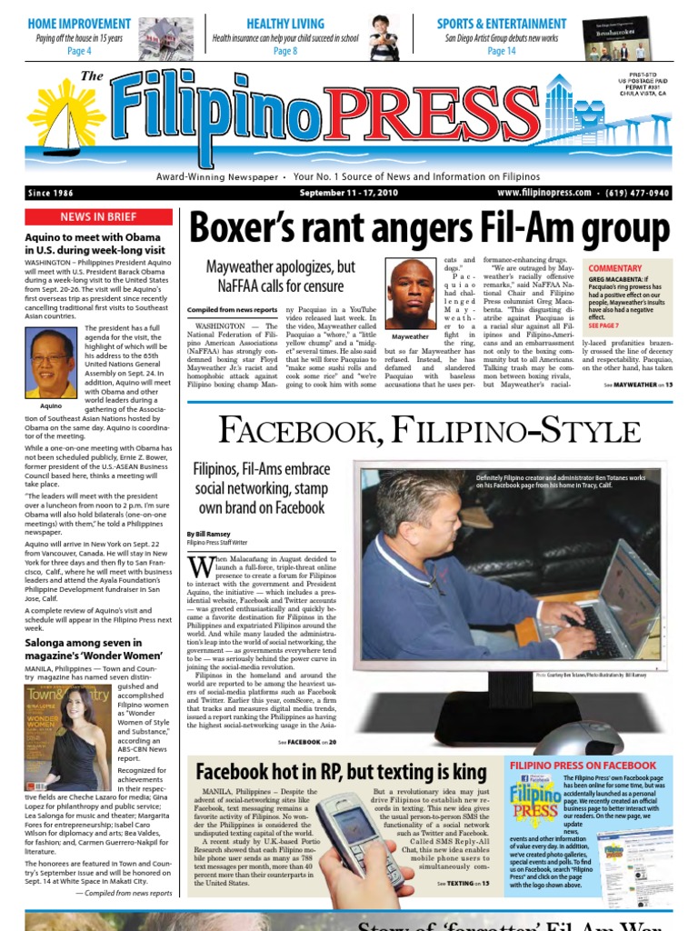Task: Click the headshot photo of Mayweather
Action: [x=411, y=294]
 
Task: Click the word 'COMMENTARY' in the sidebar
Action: [x=614, y=268]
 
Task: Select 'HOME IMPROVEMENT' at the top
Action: [x=79, y=24]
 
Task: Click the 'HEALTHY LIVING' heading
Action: [x=284, y=24]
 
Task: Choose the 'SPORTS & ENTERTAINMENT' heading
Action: [x=514, y=24]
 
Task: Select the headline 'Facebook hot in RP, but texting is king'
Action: [x=342, y=772]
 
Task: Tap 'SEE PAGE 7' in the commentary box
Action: [x=603, y=325]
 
